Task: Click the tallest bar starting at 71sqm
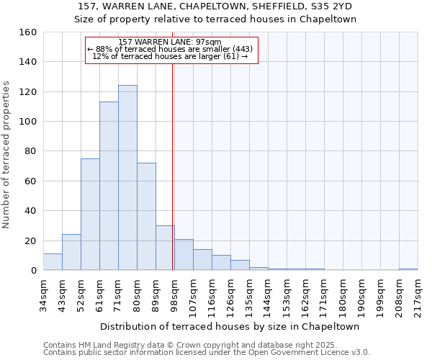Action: (x=127, y=178)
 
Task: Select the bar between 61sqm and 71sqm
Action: (x=109, y=186)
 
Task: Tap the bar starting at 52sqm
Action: (x=90, y=215)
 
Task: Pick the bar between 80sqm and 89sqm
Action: (x=146, y=217)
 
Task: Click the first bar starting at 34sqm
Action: (x=53, y=262)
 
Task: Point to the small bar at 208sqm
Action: (x=408, y=269)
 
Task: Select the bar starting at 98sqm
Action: (x=184, y=255)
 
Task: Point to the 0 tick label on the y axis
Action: (x=33, y=271)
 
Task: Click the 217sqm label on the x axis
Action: (x=418, y=294)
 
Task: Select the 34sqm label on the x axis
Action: (x=43, y=294)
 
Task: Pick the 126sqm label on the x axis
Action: (x=230, y=294)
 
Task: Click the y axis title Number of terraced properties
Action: (x=7, y=155)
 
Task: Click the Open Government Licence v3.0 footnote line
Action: (x=206, y=353)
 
